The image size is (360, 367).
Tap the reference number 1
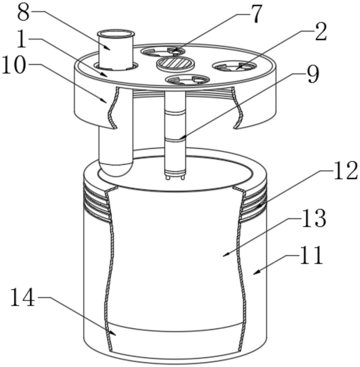[22, 40]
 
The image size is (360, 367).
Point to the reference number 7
[256, 14]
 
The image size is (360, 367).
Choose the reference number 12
[346, 171]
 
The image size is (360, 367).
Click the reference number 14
[23, 297]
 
